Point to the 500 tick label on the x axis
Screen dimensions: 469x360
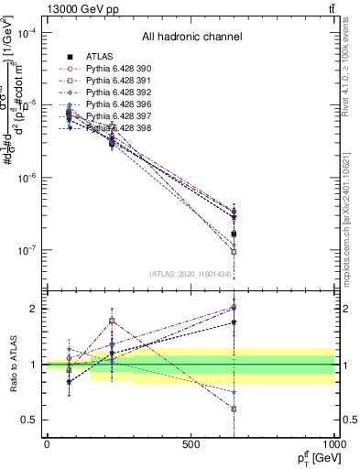click(191, 443)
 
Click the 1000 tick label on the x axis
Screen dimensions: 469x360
click(333, 443)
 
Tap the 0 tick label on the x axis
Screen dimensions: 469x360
click(47, 443)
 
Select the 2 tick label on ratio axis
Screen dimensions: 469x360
click(34, 309)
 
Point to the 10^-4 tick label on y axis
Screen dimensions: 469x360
click(26, 34)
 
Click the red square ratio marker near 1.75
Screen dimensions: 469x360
click(112, 322)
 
